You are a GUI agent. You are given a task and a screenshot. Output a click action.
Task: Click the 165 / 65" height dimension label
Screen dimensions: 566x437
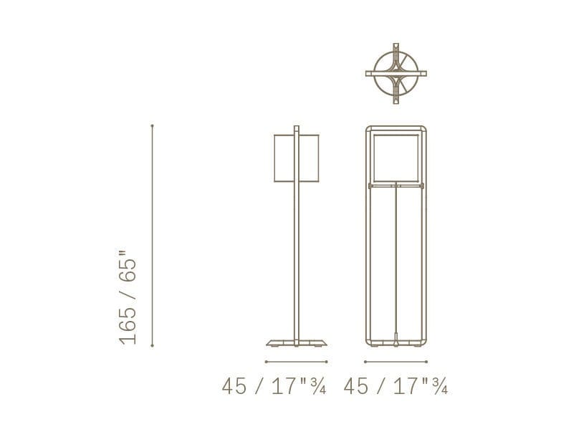click(x=128, y=297)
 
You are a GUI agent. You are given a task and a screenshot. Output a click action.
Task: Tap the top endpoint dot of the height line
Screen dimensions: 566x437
click(x=153, y=125)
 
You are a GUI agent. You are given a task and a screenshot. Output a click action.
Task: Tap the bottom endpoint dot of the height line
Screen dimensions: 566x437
click(x=153, y=346)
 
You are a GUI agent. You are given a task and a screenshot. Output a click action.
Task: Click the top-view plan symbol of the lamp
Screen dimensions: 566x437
click(x=396, y=74)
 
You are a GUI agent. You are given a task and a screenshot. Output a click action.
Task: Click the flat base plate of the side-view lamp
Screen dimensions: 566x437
click(x=297, y=343)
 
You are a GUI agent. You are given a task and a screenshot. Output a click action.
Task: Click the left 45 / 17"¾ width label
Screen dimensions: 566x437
click(x=274, y=386)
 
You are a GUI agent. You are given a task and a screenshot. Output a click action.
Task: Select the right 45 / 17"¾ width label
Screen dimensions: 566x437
click(x=395, y=386)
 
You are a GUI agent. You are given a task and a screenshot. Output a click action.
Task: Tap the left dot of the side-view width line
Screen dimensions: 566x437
click(x=266, y=362)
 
